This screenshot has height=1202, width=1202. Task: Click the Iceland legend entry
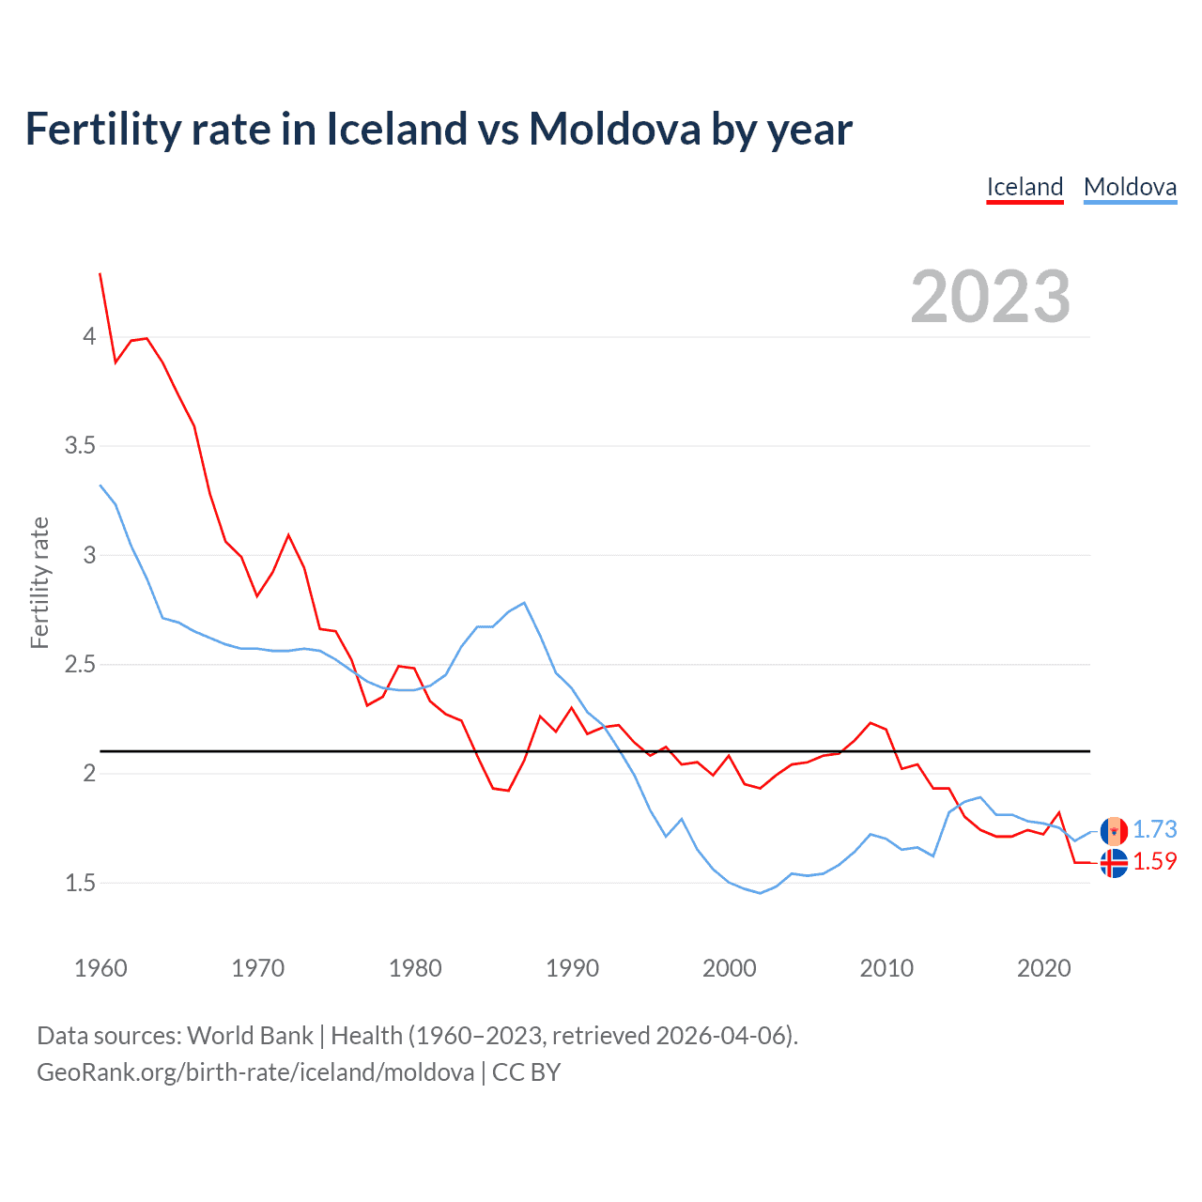[1025, 187]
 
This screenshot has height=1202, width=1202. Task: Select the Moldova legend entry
[1130, 187]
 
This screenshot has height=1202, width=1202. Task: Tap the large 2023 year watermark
[991, 297]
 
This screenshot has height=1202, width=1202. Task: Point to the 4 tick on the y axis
[89, 336]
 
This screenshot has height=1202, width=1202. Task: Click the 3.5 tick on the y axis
[80, 445]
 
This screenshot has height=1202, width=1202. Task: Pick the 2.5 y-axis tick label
[80, 665]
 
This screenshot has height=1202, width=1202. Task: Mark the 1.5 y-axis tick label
[80, 884]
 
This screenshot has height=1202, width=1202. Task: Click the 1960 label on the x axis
[100, 968]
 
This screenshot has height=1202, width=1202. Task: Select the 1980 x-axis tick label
[415, 968]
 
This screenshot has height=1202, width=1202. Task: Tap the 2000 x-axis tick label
[729, 968]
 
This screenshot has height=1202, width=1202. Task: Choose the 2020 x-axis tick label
[1043, 968]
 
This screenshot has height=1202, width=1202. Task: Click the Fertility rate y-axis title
[39, 582]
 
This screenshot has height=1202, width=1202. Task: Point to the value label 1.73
[1154, 830]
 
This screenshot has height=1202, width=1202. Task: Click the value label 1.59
[1154, 861]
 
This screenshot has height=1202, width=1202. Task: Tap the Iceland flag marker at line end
[1114, 863]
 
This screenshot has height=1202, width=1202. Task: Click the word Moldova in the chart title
[614, 129]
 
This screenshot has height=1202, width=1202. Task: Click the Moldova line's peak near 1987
[524, 603]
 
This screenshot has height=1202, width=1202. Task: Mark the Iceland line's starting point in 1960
[100, 273]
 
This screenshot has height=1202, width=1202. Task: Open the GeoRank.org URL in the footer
[255, 1072]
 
